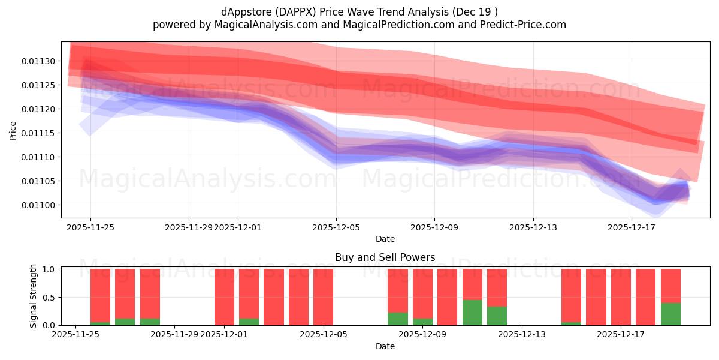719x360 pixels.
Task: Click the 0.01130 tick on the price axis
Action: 39,61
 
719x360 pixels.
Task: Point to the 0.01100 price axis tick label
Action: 39,205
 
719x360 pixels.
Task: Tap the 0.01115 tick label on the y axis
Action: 39,133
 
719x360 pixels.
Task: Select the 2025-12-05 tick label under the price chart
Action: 336,227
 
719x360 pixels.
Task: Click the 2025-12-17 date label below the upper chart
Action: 632,227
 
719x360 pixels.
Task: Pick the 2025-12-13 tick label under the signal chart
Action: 522,335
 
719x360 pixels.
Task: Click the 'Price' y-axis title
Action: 13,130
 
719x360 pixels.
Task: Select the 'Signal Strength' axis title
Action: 34,296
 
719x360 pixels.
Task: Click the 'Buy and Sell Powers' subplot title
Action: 385,257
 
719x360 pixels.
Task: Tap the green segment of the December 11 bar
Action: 472,313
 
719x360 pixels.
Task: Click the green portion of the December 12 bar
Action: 497,316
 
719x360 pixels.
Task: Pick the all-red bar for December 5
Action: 323,297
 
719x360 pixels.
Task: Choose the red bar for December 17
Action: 621,297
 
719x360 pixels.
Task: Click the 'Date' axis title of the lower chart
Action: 385,346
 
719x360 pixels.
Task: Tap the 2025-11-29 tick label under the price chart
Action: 189,227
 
